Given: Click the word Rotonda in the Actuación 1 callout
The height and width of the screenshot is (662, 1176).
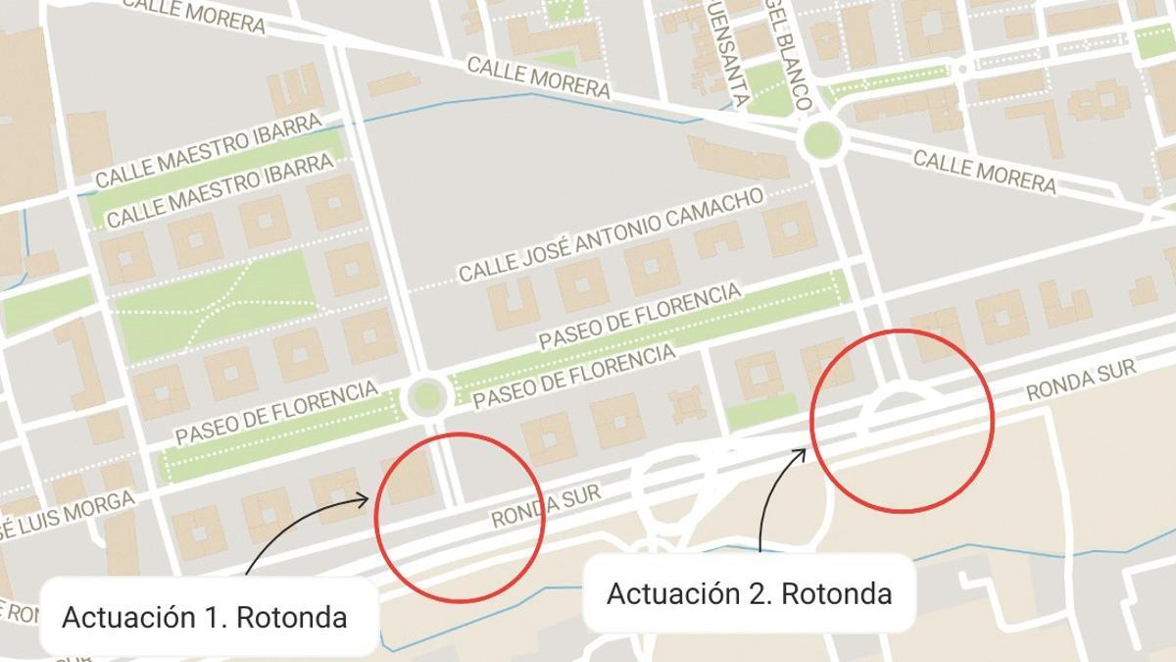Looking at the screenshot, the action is (294, 618).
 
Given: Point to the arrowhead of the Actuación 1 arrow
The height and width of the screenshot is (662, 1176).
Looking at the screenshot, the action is (365, 500).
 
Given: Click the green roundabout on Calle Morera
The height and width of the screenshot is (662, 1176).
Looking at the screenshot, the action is (822, 140).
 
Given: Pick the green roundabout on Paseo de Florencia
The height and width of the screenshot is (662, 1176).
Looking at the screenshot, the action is (426, 396).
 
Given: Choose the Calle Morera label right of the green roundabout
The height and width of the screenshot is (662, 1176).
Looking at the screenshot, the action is (984, 172).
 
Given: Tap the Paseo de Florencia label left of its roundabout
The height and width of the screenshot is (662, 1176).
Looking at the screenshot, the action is (276, 414).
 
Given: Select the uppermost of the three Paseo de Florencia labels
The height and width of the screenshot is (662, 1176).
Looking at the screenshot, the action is (639, 316).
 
